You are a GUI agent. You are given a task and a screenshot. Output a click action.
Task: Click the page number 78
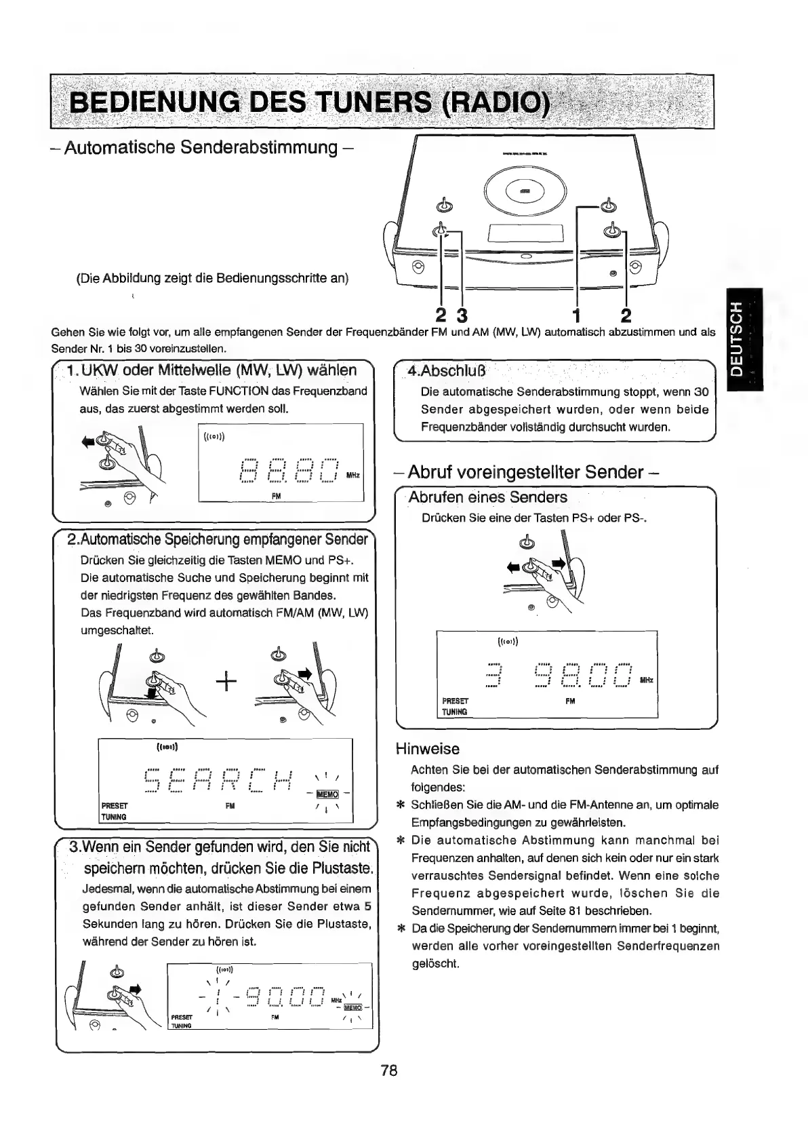pyautogui.click(x=388, y=1070)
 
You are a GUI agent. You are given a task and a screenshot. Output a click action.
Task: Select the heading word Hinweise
pyautogui.click(x=427, y=749)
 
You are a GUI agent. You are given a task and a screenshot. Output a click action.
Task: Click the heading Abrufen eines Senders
pyautogui.click(x=488, y=497)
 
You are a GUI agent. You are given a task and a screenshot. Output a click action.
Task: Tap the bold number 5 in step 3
pyautogui.click(x=367, y=906)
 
